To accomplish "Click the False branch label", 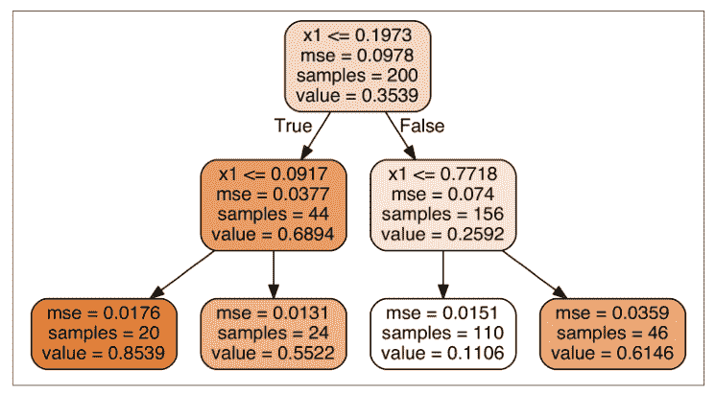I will (422, 126).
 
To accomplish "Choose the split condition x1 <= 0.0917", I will (273, 174).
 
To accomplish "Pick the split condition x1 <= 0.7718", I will (442, 174).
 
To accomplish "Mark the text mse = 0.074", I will (442, 195).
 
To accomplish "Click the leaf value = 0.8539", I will (103, 354).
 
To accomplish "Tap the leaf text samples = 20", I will (103, 334).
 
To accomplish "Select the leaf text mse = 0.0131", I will (273, 313).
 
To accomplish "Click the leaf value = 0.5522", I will (273, 354).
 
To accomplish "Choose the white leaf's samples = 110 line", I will (442, 334).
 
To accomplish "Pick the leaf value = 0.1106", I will (442, 354).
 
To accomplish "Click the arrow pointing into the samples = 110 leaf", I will (442, 276).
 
